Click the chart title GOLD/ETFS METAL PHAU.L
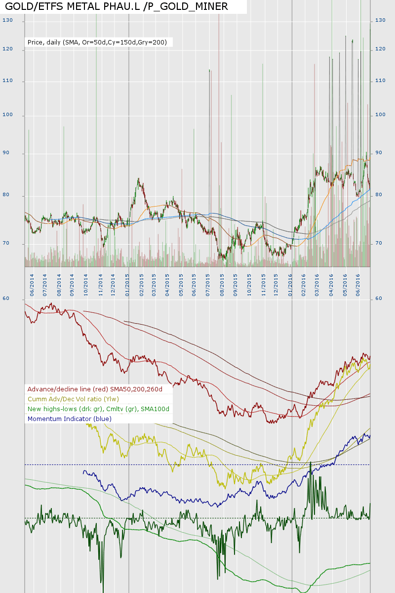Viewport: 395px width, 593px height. point(117,6)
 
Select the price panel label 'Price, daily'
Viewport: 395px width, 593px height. point(98,42)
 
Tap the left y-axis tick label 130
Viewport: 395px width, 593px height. point(7,21)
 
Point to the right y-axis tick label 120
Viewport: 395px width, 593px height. point(380,49)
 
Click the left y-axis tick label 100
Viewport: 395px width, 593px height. point(7,115)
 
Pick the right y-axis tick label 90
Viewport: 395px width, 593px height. point(379,153)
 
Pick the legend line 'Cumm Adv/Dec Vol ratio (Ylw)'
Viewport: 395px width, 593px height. point(73,399)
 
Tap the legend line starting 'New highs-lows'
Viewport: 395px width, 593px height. point(98,409)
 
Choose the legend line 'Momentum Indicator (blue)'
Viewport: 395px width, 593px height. point(70,419)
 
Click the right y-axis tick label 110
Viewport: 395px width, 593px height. point(380,81)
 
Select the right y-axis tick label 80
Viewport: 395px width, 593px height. point(379,195)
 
